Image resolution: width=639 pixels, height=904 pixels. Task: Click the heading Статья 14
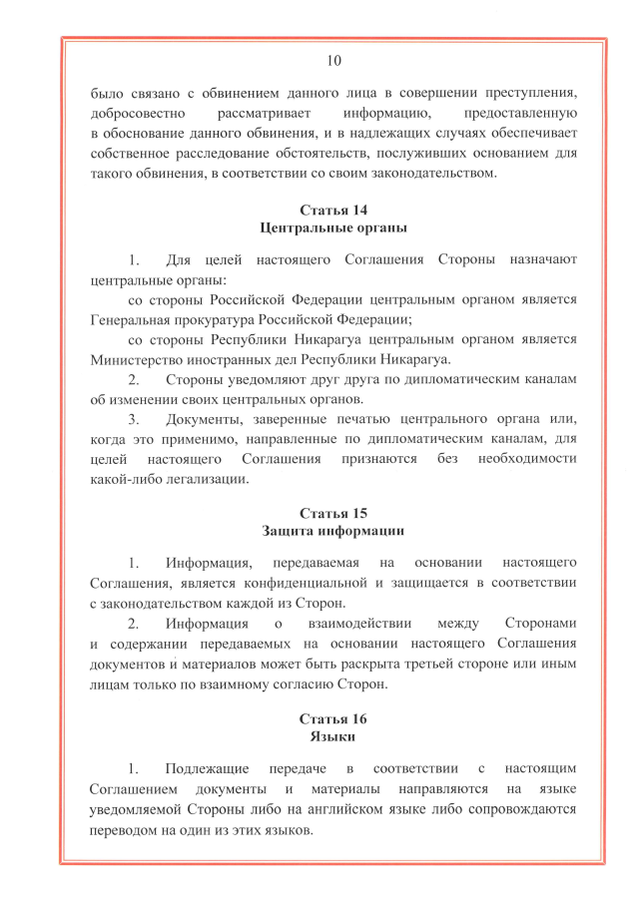pyautogui.click(x=332, y=210)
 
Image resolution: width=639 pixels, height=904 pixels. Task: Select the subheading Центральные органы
pyautogui.click(x=332, y=227)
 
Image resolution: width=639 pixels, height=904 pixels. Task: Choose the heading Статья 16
pyautogui.click(x=332, y=719)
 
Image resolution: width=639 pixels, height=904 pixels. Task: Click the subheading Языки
pyautogui.click(x=332, y=737)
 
